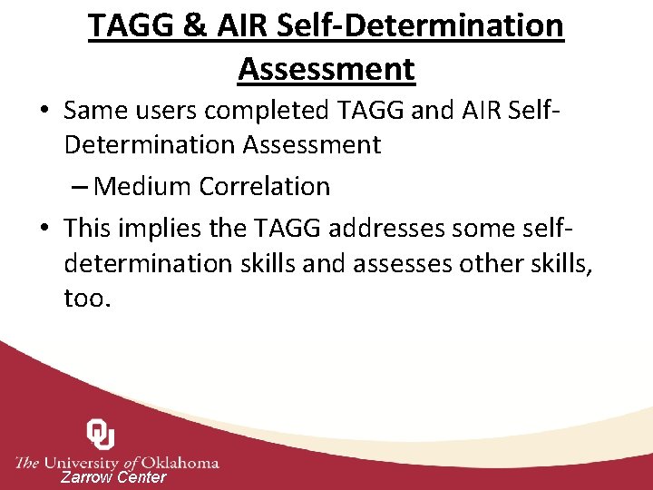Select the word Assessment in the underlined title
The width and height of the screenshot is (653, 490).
326,69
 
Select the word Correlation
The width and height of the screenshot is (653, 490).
265,187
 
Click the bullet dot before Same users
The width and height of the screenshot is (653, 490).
44,112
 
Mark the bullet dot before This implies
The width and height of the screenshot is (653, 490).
44,228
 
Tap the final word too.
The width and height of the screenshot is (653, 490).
87,298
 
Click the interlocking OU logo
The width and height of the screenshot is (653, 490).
100,435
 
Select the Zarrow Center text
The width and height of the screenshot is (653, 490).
113,477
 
